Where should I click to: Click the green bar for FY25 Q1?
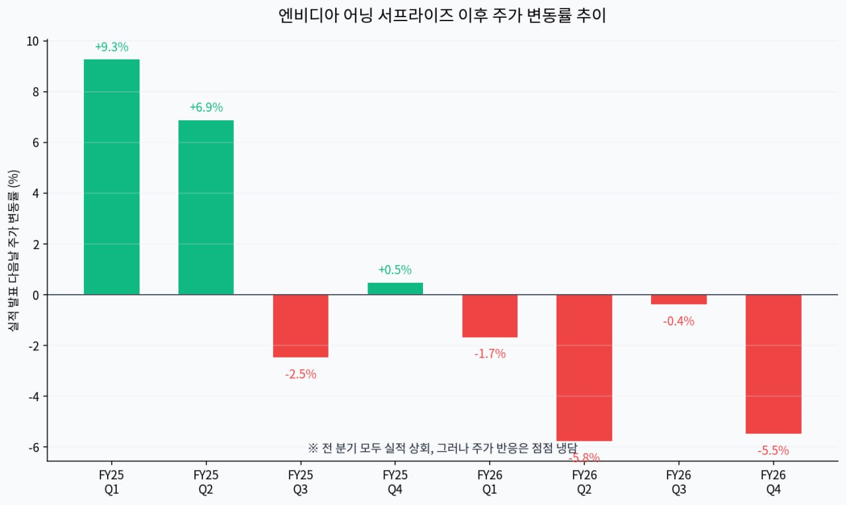112,176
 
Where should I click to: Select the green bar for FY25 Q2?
206,207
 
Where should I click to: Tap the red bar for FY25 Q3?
301,326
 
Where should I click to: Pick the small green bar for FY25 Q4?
395,289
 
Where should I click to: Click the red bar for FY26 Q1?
490,316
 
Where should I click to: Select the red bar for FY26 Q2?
584,368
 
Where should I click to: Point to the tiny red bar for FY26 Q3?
679,299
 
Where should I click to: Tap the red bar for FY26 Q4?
773,364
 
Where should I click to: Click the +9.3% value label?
112,47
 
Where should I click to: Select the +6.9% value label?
206,107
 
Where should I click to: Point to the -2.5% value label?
301,374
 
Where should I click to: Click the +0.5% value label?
395,270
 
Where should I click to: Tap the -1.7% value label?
490,354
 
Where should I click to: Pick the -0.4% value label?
679,321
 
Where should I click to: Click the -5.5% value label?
773,451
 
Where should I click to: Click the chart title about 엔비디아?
442,16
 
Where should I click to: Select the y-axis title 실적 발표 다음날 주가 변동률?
13,251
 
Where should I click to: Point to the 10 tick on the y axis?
32,41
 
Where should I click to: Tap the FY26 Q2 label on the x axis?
584,483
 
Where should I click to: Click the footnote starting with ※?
442,447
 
